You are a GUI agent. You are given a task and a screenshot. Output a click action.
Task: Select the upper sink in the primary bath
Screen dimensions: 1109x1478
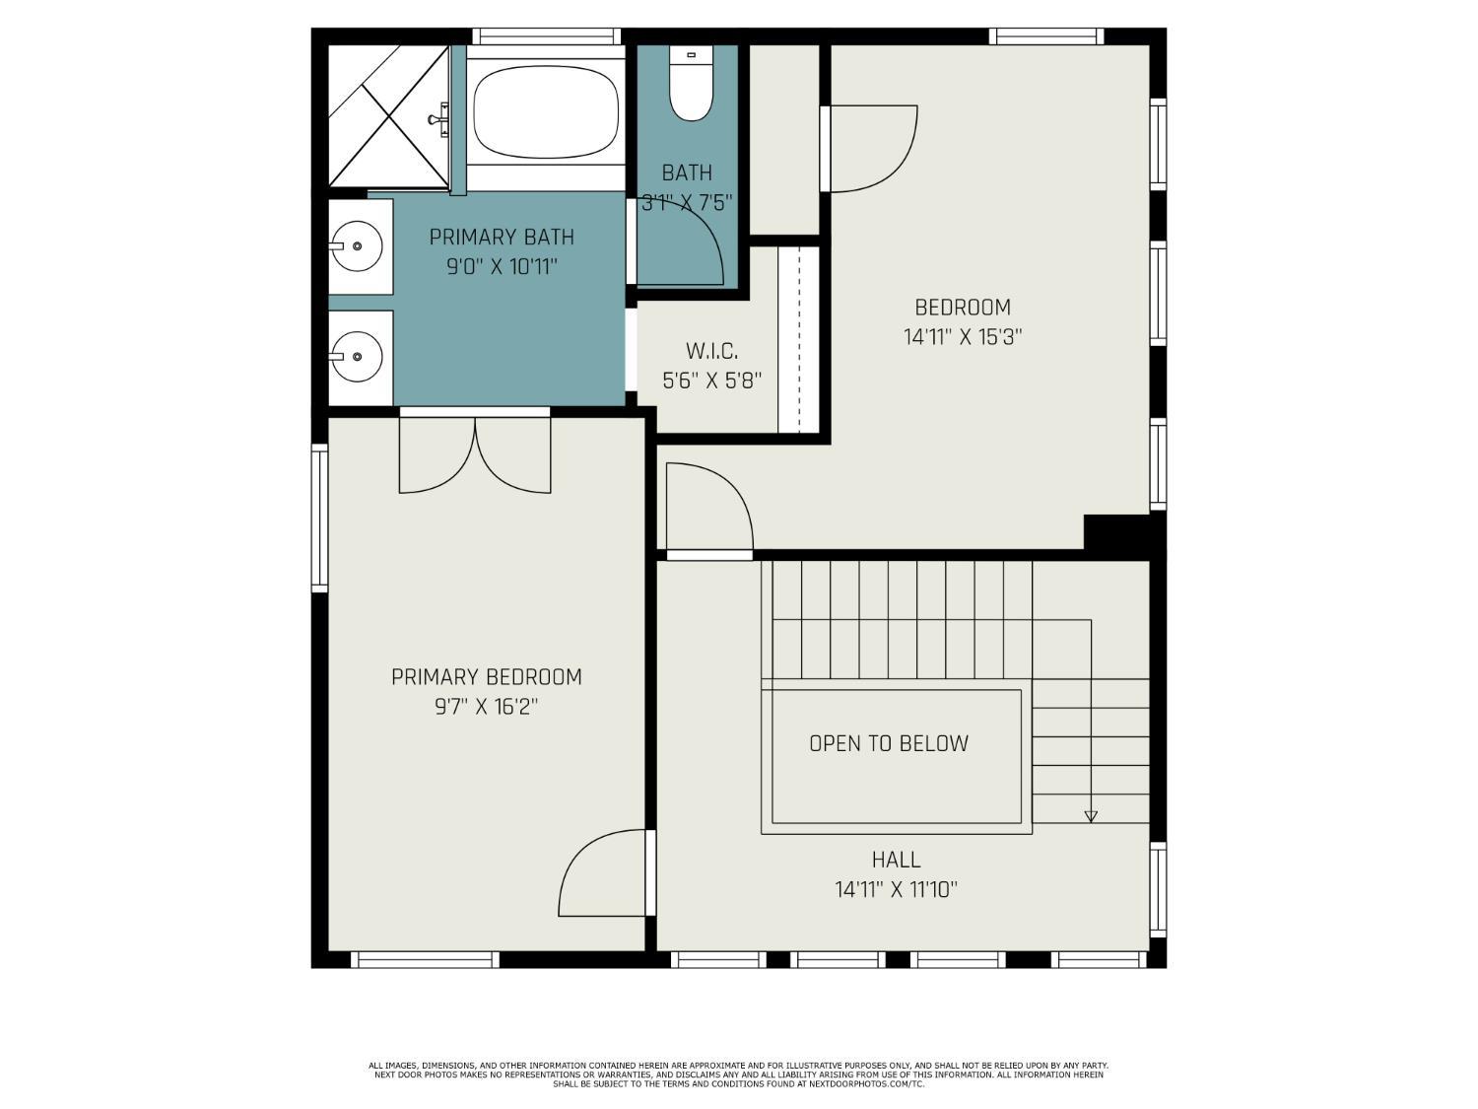click(356, 245)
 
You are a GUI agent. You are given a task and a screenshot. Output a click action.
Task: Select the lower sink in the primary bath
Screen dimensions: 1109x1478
click(356, 355)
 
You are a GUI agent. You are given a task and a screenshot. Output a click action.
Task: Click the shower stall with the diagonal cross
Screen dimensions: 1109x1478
click(388, 116)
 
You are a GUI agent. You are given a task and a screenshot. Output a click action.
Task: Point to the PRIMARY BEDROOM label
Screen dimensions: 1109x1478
click(487, 677)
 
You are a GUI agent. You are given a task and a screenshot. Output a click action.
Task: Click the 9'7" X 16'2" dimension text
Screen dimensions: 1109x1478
click(487, 707)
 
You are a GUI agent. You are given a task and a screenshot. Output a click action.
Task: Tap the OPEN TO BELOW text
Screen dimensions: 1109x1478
click(889, 744)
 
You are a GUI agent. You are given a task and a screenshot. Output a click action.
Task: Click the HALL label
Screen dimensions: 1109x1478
click(896, 860)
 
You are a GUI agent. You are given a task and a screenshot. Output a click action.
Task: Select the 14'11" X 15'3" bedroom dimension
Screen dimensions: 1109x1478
click(963, 337)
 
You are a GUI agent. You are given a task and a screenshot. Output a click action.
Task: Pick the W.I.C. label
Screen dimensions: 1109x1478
click(711, 351)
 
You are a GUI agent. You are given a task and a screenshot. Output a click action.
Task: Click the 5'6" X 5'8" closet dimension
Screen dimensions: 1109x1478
click(711, 381)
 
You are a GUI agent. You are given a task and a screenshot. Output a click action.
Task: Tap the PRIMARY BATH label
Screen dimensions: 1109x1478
click(502, 238)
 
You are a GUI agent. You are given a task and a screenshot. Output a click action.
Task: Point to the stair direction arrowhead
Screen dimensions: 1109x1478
click(1091, 816)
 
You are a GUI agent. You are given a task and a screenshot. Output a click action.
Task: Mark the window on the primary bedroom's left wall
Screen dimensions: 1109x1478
click(319, 518)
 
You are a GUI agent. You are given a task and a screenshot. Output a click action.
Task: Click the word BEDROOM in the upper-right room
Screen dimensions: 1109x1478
click(963, 308)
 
